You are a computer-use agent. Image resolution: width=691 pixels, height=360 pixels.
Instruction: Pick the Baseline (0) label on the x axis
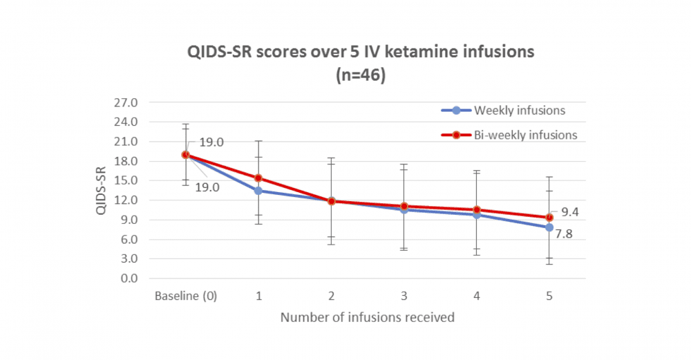tap(185, 296)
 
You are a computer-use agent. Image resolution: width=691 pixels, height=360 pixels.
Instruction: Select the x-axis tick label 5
tap(549, 296)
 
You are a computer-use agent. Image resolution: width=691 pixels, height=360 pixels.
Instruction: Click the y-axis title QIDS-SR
tap(102, 190)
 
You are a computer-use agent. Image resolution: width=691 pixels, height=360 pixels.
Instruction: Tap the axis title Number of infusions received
tap(368, 318)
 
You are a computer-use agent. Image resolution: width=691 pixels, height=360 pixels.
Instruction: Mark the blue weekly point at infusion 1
tap(258, 191)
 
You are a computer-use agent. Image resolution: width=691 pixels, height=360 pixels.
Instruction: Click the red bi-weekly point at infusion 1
tap(258, 178)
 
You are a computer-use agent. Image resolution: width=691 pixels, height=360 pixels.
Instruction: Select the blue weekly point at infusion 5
tap(549, 227)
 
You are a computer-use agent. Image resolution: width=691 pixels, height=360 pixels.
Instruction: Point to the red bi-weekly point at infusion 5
tap(549, 217)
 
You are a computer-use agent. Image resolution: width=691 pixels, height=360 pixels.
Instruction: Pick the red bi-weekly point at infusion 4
tap(477, 209)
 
